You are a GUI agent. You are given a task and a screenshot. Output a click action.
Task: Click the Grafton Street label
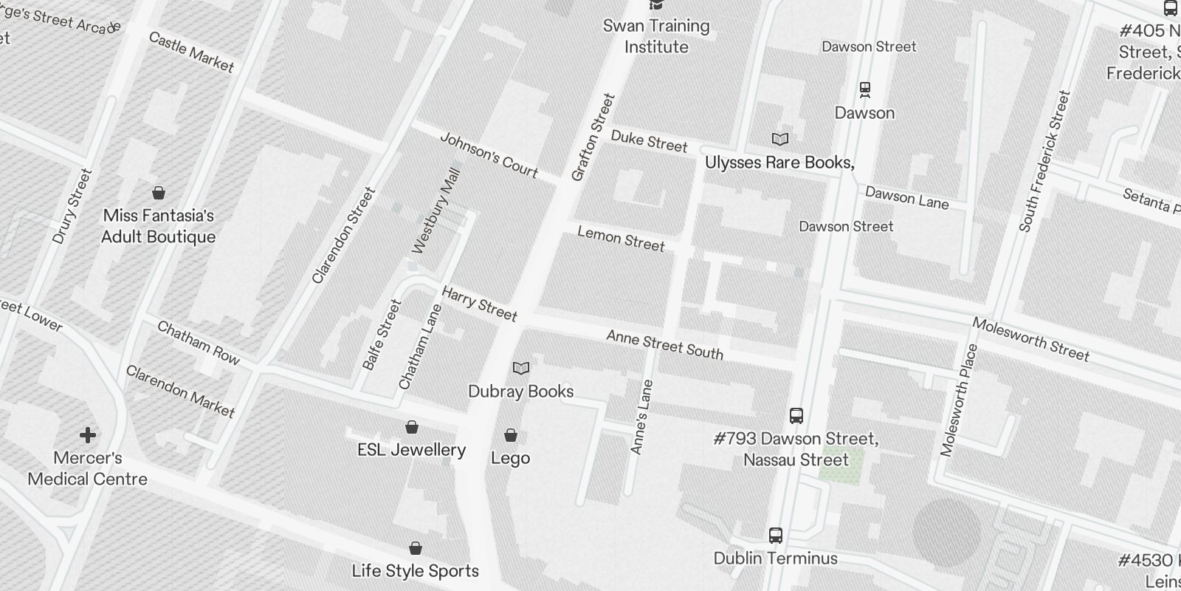point(593,137)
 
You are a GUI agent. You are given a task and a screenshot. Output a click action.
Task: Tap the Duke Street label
point(649,141)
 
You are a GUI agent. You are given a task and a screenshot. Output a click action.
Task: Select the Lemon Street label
point(621,239)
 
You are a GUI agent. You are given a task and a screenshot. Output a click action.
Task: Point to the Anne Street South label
point(664,345)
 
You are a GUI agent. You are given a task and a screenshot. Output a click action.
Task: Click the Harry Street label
point(479,304)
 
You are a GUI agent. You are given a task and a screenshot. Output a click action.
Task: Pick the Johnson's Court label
point(489,154)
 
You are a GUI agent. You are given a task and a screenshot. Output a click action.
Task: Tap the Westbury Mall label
point(436,211)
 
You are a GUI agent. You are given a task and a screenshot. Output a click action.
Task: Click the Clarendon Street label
point(344,236)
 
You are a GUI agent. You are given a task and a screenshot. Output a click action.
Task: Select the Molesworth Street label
point(1030,339)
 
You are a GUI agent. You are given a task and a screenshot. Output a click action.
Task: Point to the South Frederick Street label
point(1044,161)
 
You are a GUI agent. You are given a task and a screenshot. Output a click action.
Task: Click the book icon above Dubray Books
point(521,368)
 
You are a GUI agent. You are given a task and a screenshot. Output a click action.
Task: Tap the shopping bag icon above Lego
point(511,435)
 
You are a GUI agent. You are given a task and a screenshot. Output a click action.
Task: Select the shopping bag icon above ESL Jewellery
point(412,427)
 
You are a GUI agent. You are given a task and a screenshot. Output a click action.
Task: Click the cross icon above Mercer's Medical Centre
point(88,435)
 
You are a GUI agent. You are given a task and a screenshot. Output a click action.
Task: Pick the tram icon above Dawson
point(865,90)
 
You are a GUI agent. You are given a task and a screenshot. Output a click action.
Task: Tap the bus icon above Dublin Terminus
point(775,536)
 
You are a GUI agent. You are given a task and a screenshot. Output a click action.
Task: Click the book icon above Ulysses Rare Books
point(780,139)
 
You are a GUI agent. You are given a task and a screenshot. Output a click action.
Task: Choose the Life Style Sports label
point(415,571)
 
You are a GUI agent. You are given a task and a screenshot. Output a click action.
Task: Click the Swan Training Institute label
point(656,36)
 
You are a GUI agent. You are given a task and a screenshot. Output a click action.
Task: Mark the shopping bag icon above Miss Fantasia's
point(159,193)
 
